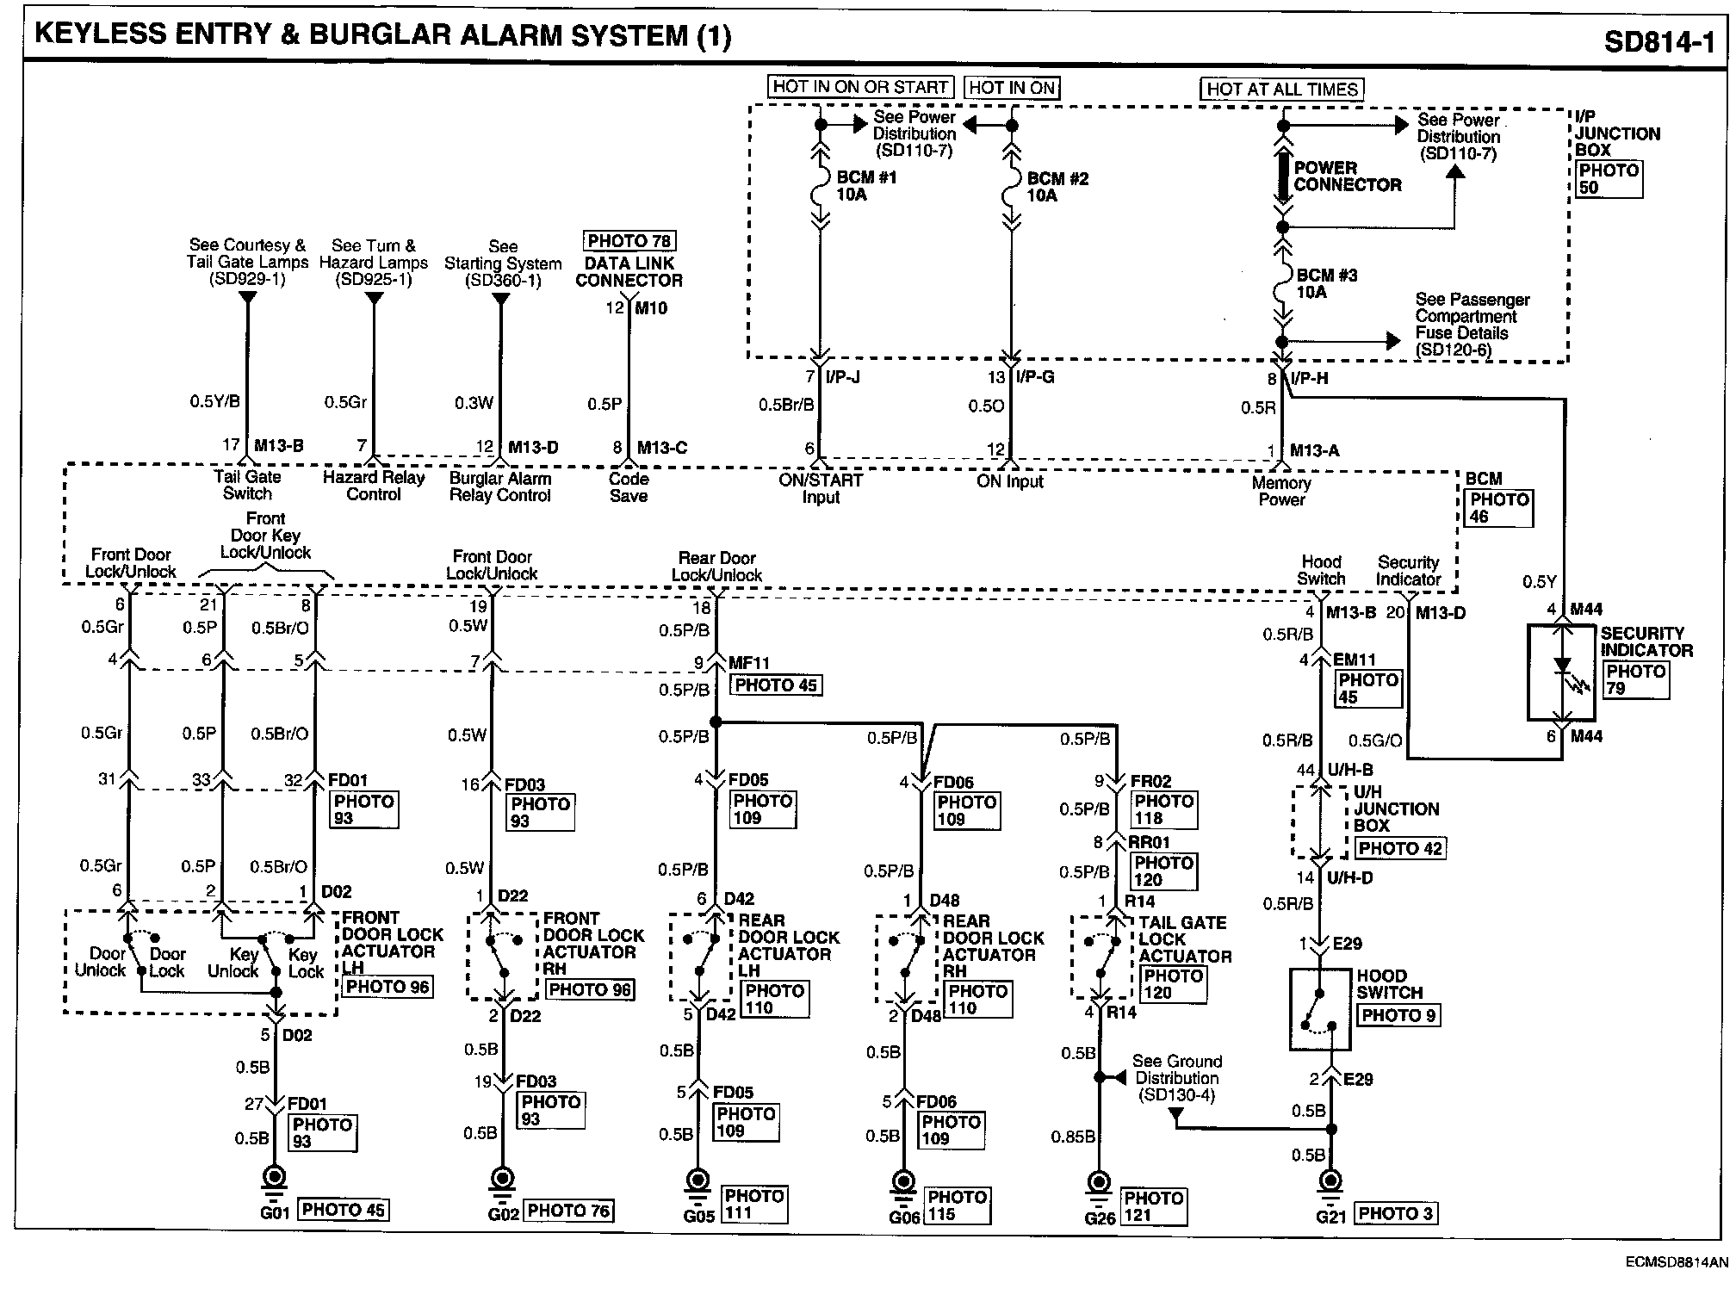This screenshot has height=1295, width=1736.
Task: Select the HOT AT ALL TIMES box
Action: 1282,89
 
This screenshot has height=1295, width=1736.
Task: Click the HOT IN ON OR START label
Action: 860,87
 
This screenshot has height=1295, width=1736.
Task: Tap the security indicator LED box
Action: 1561,672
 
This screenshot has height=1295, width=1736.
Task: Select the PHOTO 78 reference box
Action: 629,241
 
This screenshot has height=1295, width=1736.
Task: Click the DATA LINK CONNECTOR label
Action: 629,272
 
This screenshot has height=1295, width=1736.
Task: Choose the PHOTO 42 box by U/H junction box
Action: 1399,849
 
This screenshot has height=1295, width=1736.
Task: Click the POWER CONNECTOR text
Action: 1348,177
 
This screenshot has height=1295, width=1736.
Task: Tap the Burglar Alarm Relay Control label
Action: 500,486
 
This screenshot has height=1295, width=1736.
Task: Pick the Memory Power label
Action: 1281,492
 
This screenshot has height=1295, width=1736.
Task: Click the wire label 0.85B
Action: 1073,1137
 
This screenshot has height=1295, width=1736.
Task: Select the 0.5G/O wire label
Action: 1375,740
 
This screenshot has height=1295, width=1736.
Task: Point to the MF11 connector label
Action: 749,663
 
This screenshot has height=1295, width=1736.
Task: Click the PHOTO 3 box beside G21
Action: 1396,1214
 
